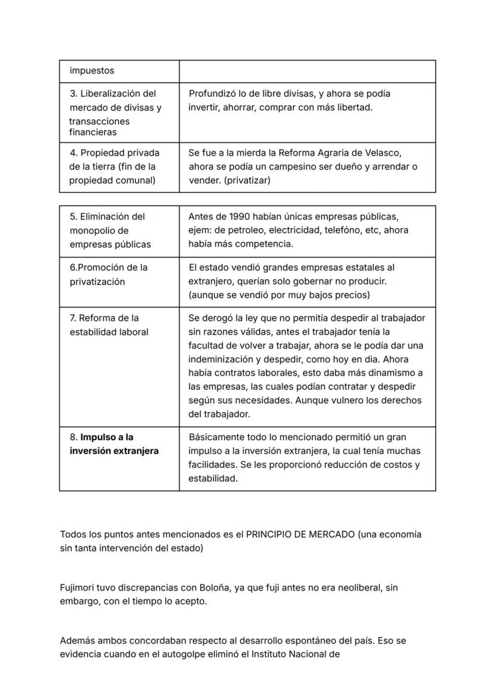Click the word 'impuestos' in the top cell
92,71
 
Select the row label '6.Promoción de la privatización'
108,274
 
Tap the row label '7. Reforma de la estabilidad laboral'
108,325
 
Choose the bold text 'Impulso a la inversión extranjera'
114,444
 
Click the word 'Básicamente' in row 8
215,437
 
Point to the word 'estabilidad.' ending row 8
213,478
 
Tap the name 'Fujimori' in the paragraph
78,588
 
